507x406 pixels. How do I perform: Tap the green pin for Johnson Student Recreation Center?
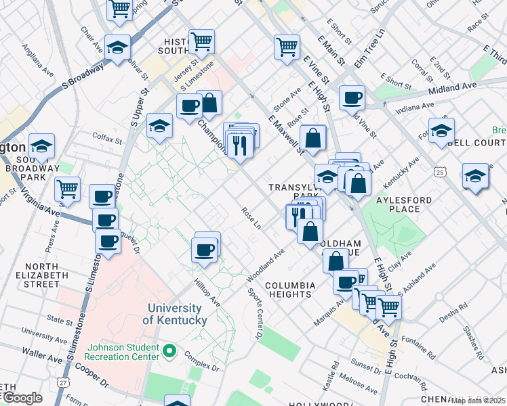[x=170, y=351]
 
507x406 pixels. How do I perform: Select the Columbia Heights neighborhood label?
[x=289, y=290]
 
